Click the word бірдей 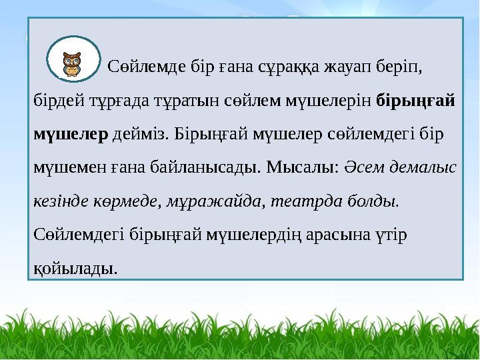point(59,100)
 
